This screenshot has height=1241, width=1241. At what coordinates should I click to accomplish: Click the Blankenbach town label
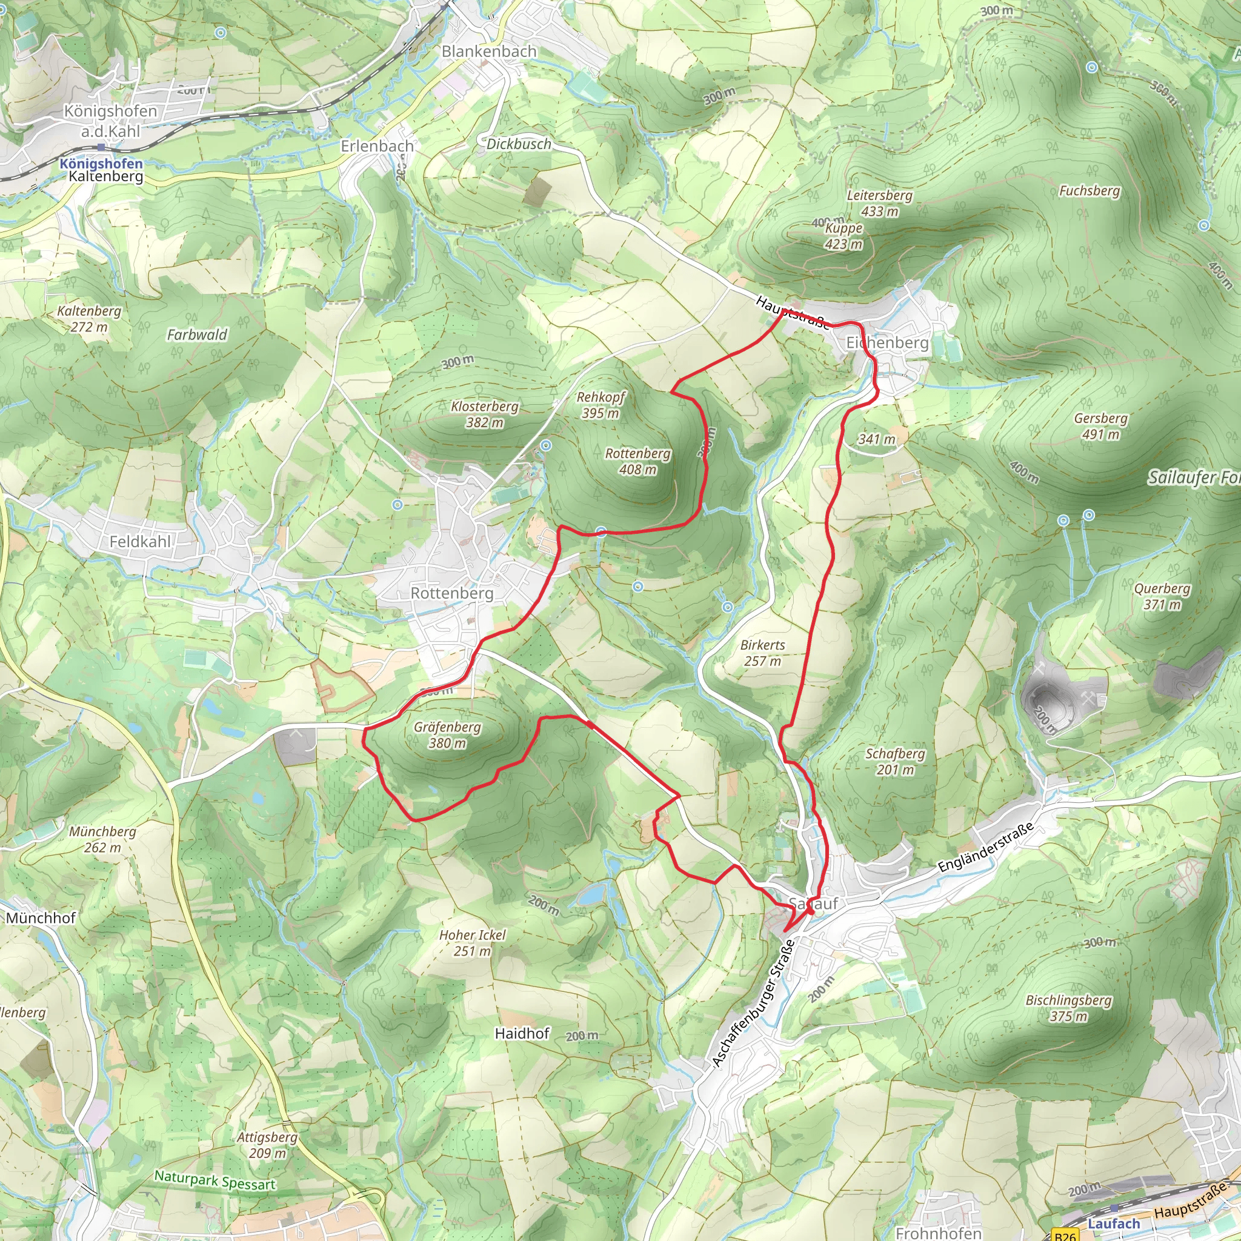tap(489, 52)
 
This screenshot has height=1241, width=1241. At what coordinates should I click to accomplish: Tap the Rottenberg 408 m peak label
tap(637, 461)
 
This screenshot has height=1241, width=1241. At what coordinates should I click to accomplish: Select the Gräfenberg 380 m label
tap(447, 735)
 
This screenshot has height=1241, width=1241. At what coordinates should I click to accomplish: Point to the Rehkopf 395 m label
tap(600, 405)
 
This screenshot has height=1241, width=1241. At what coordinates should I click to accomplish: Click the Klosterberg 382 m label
tap(484, 414)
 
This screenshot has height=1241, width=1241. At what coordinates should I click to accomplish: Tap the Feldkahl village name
tap(140, 542)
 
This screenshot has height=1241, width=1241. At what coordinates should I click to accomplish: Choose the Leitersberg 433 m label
tap(879, 203)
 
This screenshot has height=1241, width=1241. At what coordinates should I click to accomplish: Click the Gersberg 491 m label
tap(1100, 426)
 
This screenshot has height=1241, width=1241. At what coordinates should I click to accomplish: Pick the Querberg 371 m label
tap(1162, 596)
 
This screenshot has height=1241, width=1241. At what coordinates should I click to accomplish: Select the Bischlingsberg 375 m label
tap(1068, 1008)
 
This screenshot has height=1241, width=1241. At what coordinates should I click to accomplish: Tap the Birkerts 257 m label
tap(762, 653)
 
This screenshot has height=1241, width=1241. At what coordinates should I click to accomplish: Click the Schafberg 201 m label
tap(895, 761)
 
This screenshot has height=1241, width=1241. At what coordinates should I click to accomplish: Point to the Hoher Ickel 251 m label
tap(472, 943)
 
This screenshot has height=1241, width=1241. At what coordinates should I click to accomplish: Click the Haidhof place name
tap(522, 1033)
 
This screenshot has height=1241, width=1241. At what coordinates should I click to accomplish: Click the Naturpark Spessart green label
tap(215, 1180)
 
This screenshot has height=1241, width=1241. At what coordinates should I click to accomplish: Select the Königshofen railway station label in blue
tap(101, 163)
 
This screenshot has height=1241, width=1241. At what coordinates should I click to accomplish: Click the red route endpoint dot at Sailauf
tap(811, 911)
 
